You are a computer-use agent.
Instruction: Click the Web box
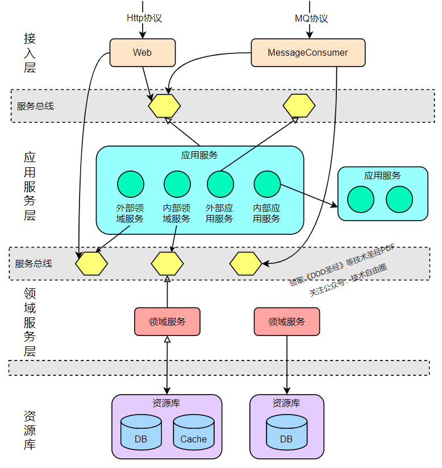(x=143, y=52)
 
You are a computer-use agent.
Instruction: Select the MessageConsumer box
(x=308, y=52)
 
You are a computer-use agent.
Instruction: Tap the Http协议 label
(x=144, y=18)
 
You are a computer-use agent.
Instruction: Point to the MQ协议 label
(x=311, y=19)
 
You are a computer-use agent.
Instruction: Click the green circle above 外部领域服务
(x=131, y=184)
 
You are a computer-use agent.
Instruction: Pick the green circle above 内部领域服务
(x=177, y=184)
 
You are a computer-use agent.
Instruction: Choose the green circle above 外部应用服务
(x=220, y=184)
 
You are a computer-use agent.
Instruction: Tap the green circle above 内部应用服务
(x=267, y=184)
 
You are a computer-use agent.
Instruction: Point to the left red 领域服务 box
(x=168, y=322)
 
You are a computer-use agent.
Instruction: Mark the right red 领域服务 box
(x=287, y=322)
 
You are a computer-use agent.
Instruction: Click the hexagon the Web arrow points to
(x=164, y=106)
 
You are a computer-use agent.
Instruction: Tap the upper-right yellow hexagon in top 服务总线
(x=299, y=106)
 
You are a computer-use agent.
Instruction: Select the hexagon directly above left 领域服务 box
(x=168, y=263)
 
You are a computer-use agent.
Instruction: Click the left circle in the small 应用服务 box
(x=361, y=200)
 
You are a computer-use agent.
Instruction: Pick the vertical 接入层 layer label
(x=30, y=53)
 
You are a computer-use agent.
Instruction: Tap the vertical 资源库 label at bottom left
(x=30, y=430)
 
